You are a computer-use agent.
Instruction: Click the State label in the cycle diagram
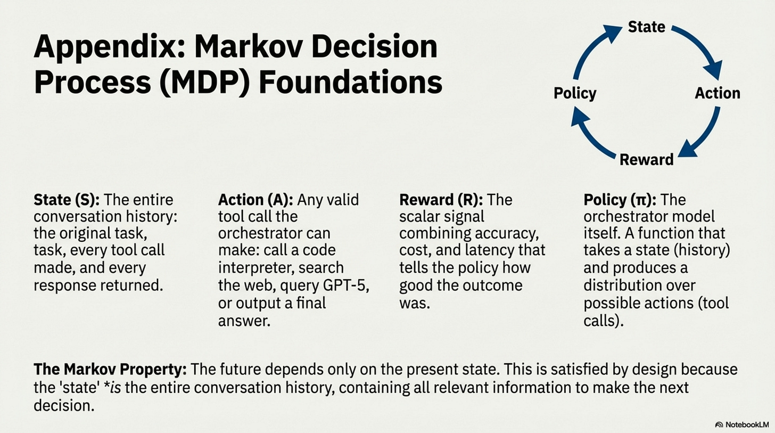point(646,27)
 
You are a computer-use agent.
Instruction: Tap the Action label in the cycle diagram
point(718,93)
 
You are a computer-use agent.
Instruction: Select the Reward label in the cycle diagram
point(646,160)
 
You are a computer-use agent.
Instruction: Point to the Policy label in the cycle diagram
point(575,93)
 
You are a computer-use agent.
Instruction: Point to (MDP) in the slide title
point(205,83)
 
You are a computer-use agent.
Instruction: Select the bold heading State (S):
point(67,200)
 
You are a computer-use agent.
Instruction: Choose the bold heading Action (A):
point(255,200)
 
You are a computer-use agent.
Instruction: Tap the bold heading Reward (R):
point(441,200)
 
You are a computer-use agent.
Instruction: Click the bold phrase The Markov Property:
point(110,370)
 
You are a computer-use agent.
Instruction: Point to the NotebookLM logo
point(742,424)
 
